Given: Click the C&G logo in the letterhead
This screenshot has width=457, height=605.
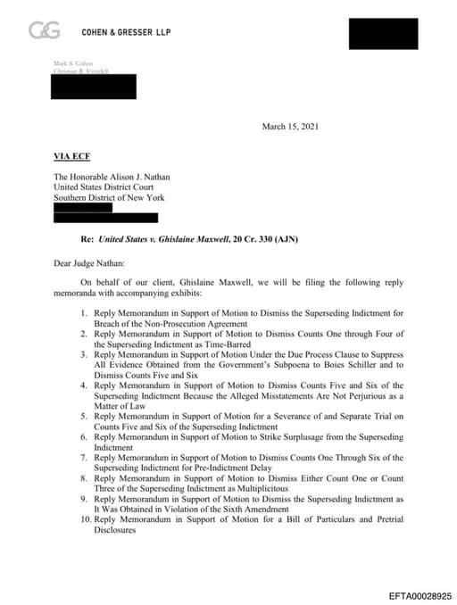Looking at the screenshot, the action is pos(45,31).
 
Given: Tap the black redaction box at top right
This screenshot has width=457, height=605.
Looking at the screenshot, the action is pos(383,32).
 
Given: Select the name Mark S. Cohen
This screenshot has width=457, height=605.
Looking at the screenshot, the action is pos(73,62).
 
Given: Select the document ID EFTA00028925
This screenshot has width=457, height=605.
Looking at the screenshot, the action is pos(420,593).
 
